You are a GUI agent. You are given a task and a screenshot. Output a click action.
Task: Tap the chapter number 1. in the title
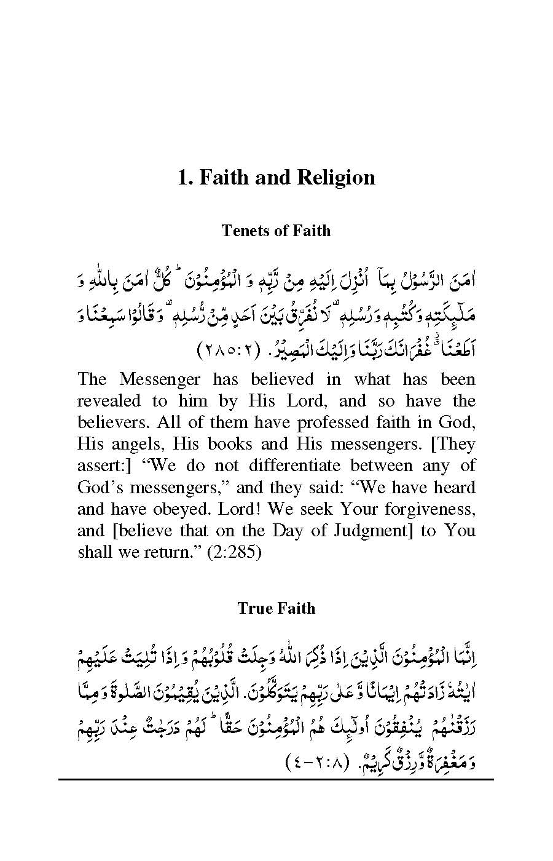pos(185,178)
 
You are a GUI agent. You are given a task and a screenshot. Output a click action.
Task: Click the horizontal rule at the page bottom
pos(276,779)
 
